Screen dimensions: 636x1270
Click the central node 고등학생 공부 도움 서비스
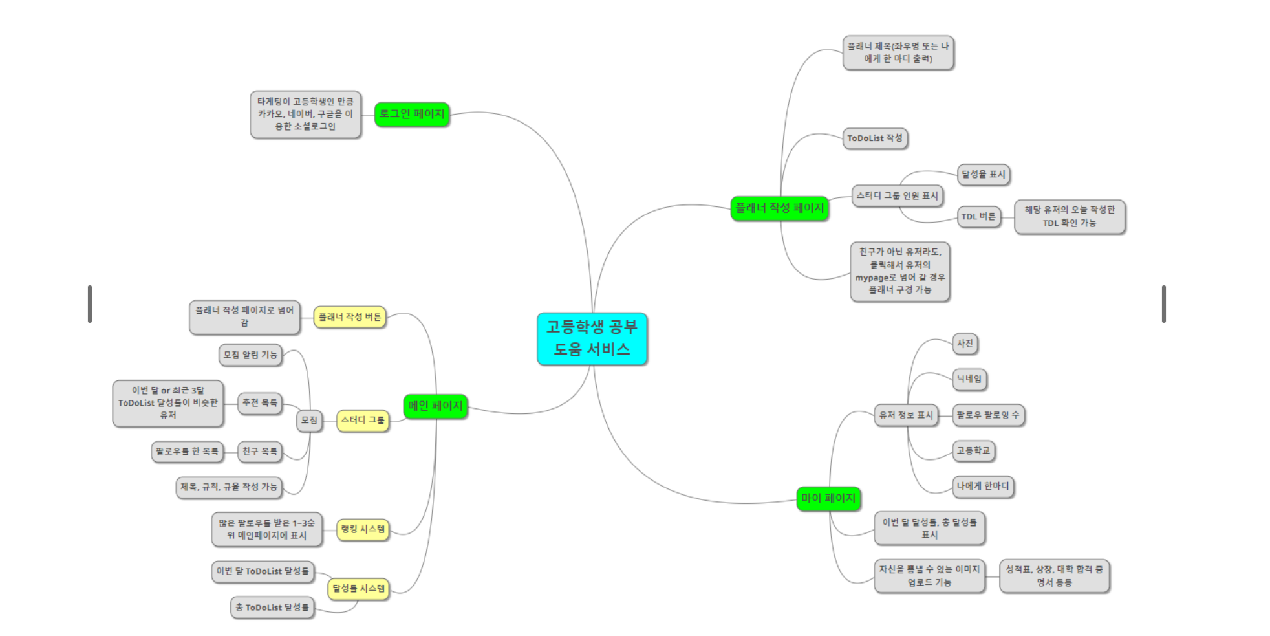pyautogui.click(x=591, y=338)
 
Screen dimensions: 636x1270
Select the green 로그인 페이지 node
pyautogui.click(x=411, y=115)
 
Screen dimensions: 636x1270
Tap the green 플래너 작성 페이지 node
pyautogui.click(x=779, y=208)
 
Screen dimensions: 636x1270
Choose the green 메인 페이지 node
pyautogui.click(x=435, y=406)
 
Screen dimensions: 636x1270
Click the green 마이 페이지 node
pyautogui.click(x=828, y=498)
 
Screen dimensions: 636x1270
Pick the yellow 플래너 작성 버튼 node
pyautogui.click(x=349, y=317)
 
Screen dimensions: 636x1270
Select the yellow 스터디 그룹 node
pyautogui.click(x=362, y=421)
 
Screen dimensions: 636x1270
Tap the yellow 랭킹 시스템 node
pyautogui.click(x=362, y=529)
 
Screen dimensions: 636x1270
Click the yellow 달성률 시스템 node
pyautogui.click(x=358, y=589)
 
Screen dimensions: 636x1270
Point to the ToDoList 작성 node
pyautogui.click(x=874, y=138)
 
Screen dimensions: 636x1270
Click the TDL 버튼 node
pyautogui.click(x=978, y=217)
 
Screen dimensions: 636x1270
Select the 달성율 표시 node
pyautogui.click(x=983, y=175)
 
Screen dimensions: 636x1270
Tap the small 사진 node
pyautogui.click(x=965, y=344)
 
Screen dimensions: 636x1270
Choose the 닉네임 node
pyautogui.click(x=969, y=379)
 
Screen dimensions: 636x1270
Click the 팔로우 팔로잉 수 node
pyautogui.click(x=987, y=415)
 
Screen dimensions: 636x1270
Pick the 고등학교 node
pyautogui.click(x=973, y=450)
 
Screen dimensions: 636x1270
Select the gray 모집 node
pyautogui.click(x=309, y=421)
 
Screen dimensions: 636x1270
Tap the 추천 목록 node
pyautogui.click(x=259, y=403)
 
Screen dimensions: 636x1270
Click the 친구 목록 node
pyautogui.click(x=259, y=452)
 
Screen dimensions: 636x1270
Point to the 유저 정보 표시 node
pyautogui.click(x=905, y=415)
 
